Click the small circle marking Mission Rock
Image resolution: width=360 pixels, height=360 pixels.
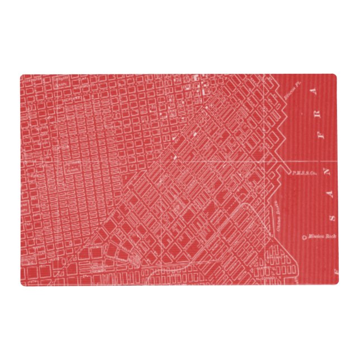point(304,237)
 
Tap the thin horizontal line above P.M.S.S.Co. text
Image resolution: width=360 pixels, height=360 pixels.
point(313,161)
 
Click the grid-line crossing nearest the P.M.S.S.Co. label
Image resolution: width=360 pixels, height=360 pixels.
point(280,161)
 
